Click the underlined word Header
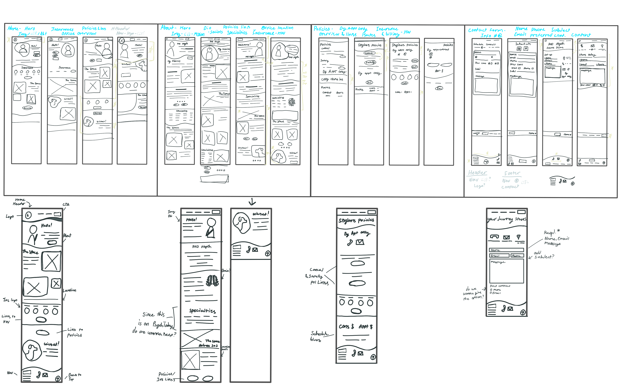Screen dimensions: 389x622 pos(477,173)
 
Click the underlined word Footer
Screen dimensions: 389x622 pos(512,173)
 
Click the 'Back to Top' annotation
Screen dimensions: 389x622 pos(74,377)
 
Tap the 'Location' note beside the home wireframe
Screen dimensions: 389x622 pos(69,290)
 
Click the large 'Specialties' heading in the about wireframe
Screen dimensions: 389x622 pos(202,311)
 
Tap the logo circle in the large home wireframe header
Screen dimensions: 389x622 pos(28,215)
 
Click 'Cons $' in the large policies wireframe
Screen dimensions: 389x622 pos(346,326)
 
